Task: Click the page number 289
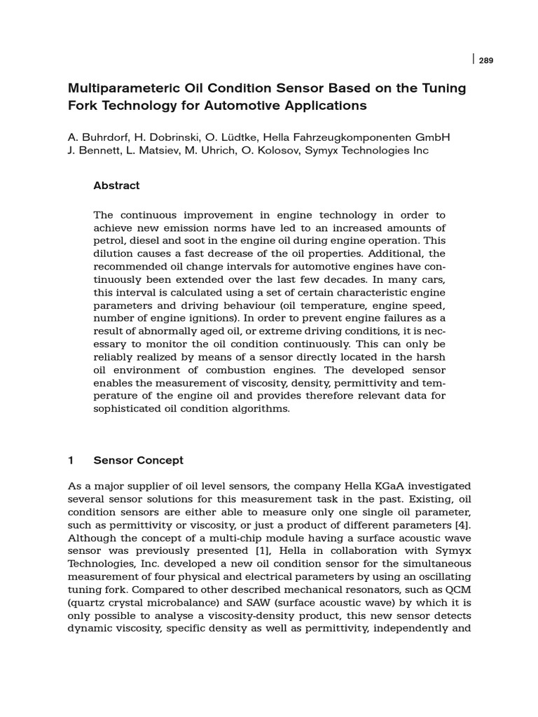pos(486,61)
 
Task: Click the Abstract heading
pos(116,186)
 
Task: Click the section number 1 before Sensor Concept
pos(71,460)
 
